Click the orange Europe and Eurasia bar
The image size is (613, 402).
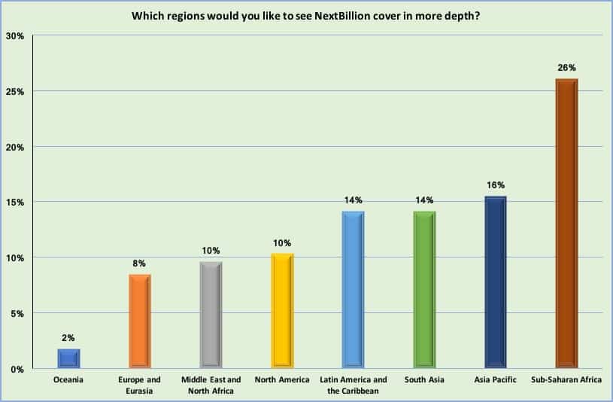click(x=140, y=321)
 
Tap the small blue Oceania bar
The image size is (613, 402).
click(x=68, y=358)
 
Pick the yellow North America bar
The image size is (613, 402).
click(x=282, y=311)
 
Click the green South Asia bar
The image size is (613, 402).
click(x=425, y=290)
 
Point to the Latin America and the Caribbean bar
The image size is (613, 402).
click(x=354, y=290)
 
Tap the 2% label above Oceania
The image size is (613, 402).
click(x=68, y=338)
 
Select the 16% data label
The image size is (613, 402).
click(x=495, y=184)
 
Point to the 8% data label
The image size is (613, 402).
click(x=140, y=263)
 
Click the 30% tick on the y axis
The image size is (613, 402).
click(x=17, y=35)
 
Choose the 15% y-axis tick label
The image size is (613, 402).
click(x=17, y=203)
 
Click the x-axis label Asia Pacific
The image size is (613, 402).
click(x=495, y=379)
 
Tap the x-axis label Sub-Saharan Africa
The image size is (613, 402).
click(x=566, y=379)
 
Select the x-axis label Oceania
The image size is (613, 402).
click(x=68, y=379)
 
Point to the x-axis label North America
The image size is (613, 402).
click(x=282, y=379)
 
